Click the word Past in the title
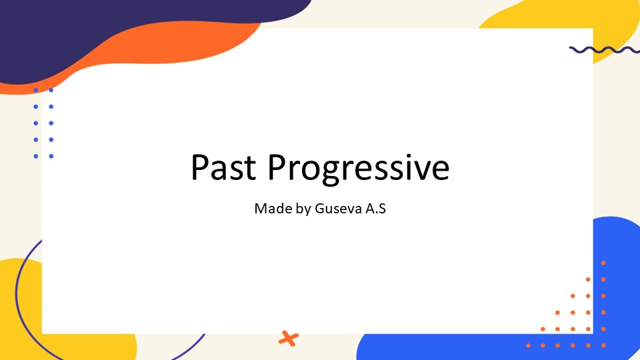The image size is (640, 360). click(x=224, y=167)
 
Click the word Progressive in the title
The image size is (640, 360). click(x=359, y=169)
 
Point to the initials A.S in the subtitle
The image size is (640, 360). click(x=375, y=209)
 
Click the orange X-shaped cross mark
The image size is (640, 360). click(x=288, y=338)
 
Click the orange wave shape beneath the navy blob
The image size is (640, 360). click(x=200, y=47)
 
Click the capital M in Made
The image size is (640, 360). click(x=260, y=209)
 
